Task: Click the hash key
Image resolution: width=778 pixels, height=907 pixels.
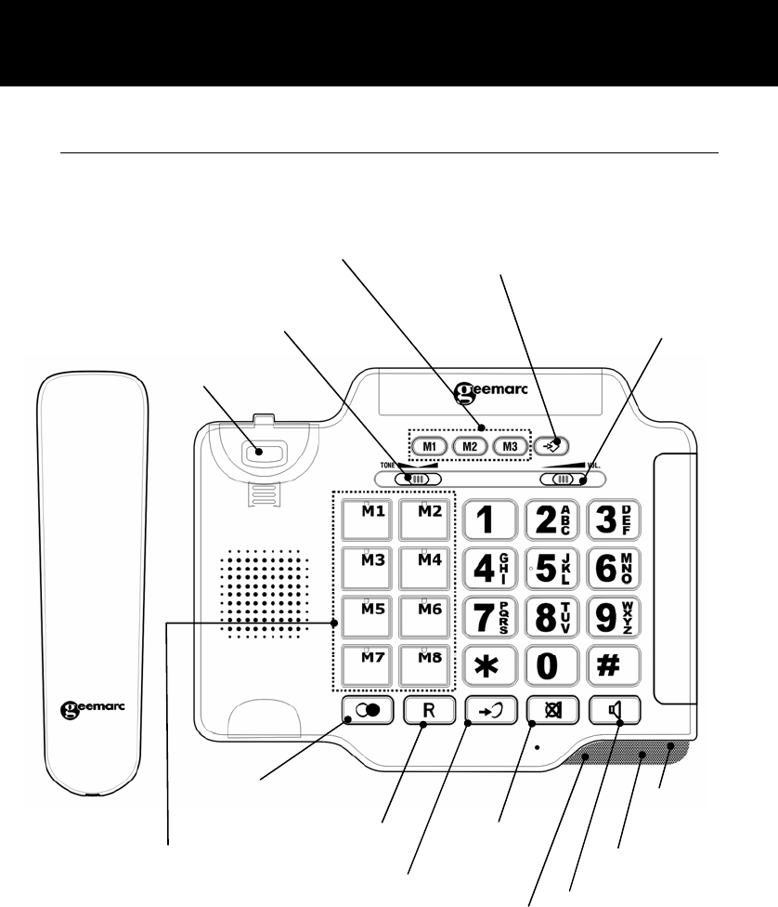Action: pyautogui.click(x=614, y=666)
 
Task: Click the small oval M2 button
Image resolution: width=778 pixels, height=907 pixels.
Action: pyautogui.click(x=470, y=446)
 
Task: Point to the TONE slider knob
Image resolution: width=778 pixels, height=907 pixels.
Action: pyautogui.click(x=417, y=480)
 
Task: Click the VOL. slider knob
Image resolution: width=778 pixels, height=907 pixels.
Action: pyautogui.click(x=562, y=480)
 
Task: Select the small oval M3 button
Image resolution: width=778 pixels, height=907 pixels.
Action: pyautogui.click(x=510, y=446)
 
